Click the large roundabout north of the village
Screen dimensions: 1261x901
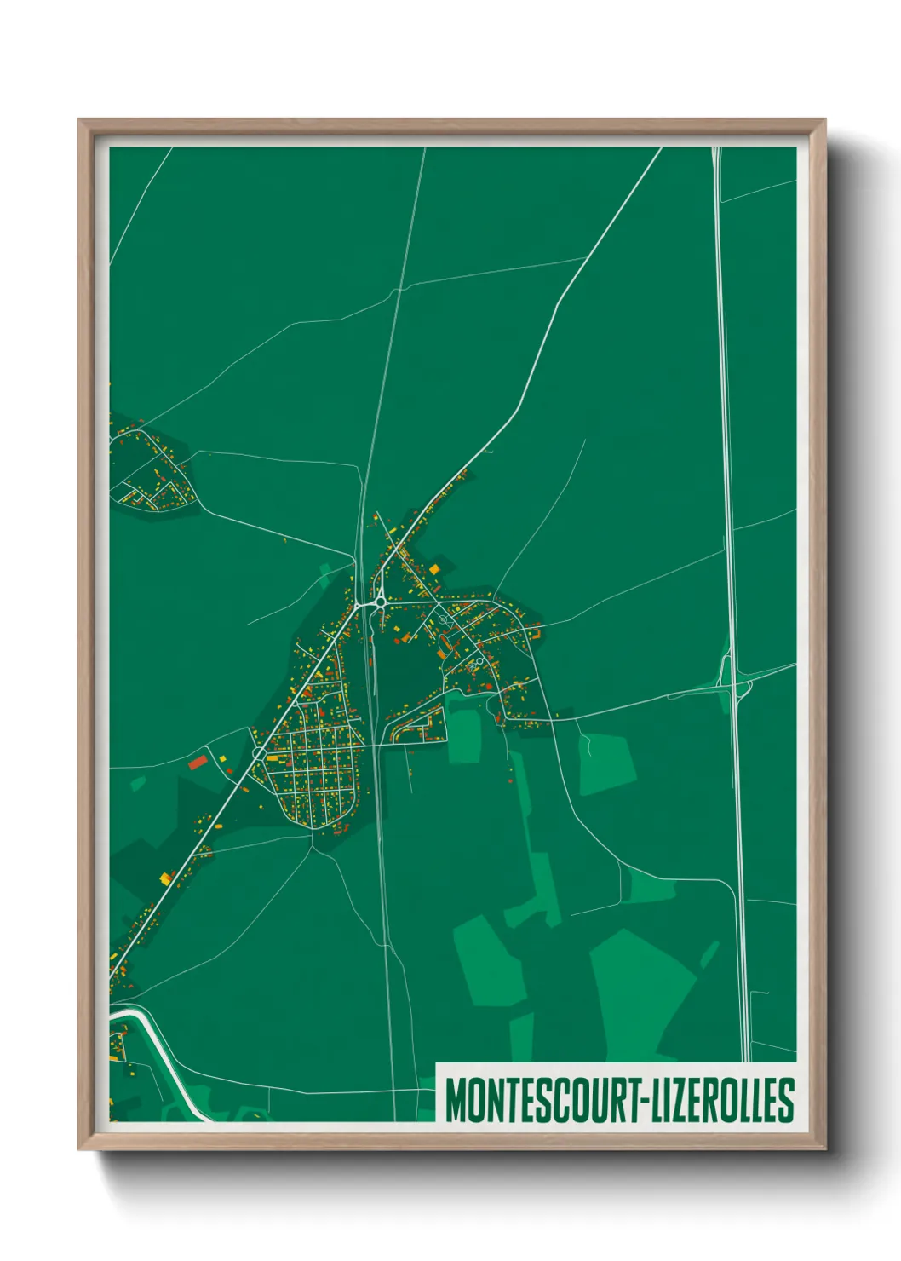pos(377,602)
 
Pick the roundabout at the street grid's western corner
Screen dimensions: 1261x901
pos(259,754)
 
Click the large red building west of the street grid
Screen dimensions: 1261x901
pos(198,762)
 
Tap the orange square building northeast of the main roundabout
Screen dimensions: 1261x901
pos(434,568)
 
